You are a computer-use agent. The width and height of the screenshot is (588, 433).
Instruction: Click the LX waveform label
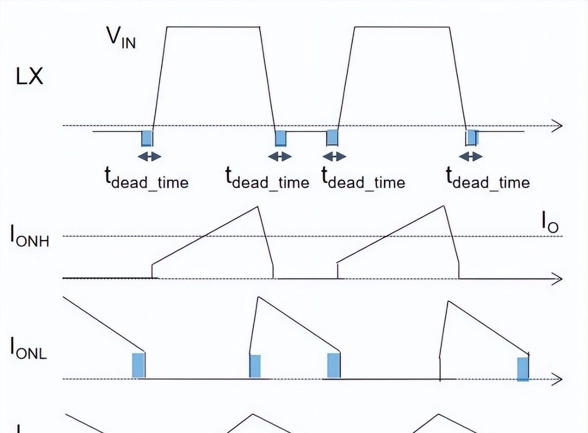(30, 78)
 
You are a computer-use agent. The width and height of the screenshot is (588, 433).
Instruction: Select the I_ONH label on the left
(30, 236)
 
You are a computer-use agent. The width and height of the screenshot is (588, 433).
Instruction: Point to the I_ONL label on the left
(29, 349)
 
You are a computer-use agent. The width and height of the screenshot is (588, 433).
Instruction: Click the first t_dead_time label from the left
(146, 178)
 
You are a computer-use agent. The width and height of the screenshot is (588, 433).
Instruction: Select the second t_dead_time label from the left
(267, 178)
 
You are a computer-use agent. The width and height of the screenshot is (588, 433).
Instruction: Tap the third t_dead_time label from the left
(363, 178)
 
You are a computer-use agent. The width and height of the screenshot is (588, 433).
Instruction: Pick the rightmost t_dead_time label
(488, 178)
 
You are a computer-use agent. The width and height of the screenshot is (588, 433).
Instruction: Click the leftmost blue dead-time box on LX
(147, 138)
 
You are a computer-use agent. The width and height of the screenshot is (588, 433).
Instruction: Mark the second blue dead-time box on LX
(281, 138)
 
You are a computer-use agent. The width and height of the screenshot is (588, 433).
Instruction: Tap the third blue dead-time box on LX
(332, 138)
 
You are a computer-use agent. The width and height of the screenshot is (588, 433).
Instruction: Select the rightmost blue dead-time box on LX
(472, 137)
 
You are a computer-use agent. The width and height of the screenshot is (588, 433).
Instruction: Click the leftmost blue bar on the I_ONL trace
(139, 365)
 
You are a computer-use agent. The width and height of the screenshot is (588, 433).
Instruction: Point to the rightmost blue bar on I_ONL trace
(523, 369)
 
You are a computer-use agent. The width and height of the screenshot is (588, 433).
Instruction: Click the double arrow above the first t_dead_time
(149, 157)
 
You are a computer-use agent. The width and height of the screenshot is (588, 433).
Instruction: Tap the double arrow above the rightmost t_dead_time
(470, 157)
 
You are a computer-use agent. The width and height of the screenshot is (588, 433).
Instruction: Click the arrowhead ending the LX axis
(558, 126)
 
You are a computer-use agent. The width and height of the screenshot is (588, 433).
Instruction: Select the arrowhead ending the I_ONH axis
(558, 279)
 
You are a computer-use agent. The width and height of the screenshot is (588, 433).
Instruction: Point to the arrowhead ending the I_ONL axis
(558, 379)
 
